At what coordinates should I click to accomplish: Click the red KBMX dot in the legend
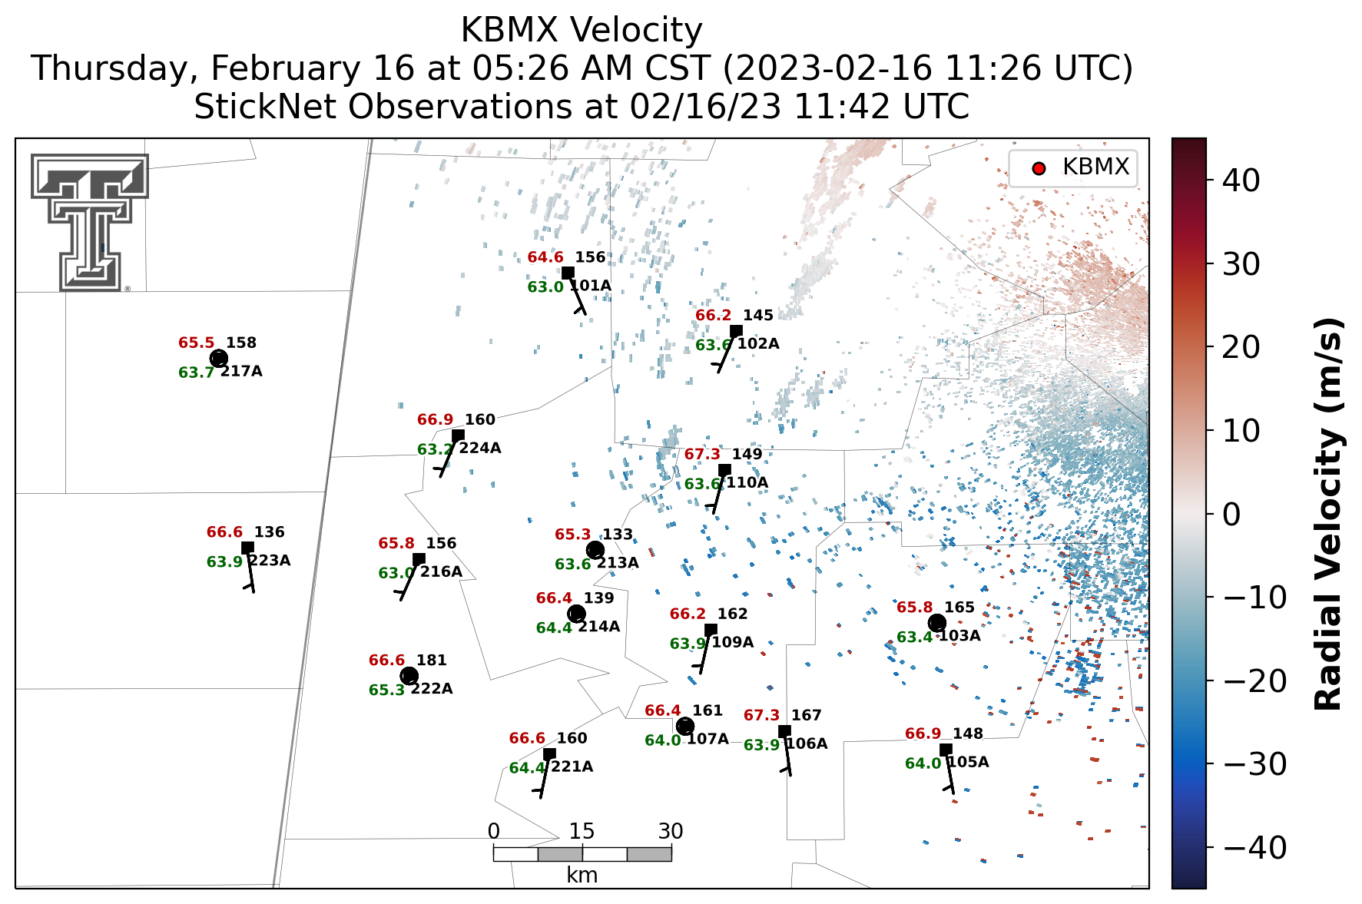[1039, 168]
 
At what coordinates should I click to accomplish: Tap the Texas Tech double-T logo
[90, 222]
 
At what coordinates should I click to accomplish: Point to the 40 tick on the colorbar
[1241, 181]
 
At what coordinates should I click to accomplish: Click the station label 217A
[241, 372]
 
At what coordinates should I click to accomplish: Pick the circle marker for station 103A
[936, 623]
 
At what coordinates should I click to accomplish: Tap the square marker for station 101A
[568, 273]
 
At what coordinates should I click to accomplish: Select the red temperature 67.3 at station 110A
[702, 455]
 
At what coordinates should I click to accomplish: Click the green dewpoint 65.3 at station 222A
[386, 690]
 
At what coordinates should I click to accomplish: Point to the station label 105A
[968, 763]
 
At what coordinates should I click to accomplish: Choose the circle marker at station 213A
[595, 550]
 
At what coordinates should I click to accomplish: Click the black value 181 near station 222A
[432, 661]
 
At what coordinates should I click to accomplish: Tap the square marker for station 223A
[247, 548]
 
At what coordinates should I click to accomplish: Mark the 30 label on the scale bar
[671, 831]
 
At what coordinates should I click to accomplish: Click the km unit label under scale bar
[582, 876]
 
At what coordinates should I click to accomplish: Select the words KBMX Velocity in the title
[582, 31]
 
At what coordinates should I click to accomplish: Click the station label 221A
[572, 767]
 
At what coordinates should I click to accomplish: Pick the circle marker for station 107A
[685, 726]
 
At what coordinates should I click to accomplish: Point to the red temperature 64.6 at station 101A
[545, 257]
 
